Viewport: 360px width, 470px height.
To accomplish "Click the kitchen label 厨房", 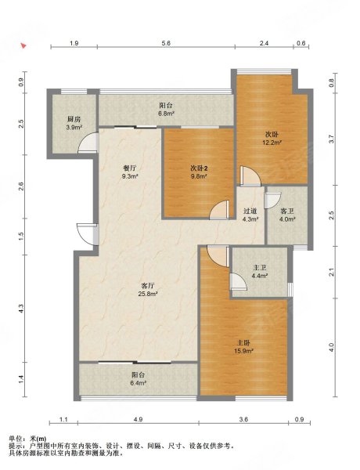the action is tap(74, 119).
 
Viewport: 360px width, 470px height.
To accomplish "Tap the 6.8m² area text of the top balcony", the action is tap(166, 114).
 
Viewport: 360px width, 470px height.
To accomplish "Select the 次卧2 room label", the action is tap(199, 168).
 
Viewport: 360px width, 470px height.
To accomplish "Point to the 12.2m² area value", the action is tap(272, 143).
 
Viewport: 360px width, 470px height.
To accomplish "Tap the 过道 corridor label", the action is tap(250, 211).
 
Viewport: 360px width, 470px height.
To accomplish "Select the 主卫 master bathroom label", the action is tap(260, 267).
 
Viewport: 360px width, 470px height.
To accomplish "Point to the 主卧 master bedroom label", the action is tap(244, 342).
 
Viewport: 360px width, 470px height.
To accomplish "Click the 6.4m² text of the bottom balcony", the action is tap(138, 383).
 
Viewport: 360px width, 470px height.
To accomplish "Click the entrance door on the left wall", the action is tap(88, 234).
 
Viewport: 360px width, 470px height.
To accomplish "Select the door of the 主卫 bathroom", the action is tap(239, 281).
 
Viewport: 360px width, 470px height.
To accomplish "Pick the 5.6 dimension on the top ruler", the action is tap(166, 43).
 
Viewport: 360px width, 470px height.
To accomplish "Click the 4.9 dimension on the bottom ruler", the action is tap(138, 420).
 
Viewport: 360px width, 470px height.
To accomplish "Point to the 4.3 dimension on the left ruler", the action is tap(21, 308).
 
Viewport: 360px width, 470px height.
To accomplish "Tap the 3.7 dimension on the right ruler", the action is tap(331, 139).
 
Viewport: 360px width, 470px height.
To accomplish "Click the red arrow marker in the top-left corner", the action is tap(23, 45).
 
